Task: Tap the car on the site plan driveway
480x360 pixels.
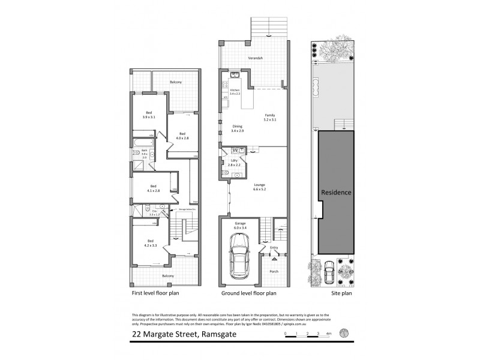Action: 328,273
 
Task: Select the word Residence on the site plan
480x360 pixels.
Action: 336,193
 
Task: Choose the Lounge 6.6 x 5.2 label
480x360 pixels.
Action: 259,187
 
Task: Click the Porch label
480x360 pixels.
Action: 274,271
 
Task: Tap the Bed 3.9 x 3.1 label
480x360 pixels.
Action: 148,115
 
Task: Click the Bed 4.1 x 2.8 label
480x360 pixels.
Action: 154,188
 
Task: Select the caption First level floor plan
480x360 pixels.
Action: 155,294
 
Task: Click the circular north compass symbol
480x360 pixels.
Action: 343,333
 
